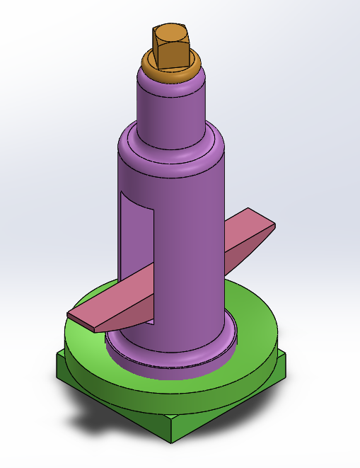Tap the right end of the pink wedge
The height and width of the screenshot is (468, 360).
point(272,227)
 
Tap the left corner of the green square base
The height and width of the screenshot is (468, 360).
point(59,368)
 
